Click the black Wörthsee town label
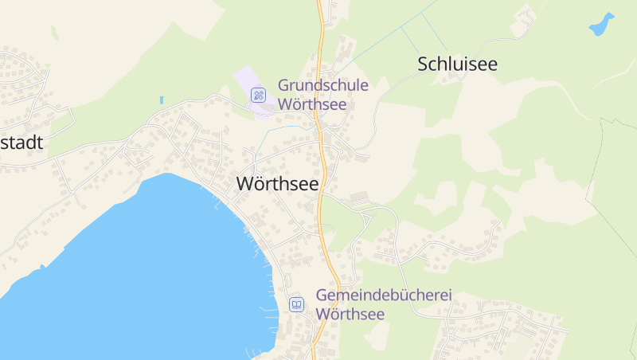click(x=277, y=184)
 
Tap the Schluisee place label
click(x=457, y=65)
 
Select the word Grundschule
click(x=322, y=85)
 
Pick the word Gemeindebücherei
click(x=384, y=295)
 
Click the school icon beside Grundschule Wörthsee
click(x=258, y=96)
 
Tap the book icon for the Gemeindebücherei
click(x=296, y=304)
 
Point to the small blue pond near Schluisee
click(x=601, y=25)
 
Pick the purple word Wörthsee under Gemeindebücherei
click(x=350, y=314)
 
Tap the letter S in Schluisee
click(x=423, y=65)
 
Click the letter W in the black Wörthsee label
click(x=244, y=184)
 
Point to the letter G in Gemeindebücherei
click(x=322, y=295)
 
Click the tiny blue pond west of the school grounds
click(x=161, y=100)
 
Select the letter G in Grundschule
click(x=283, y=85)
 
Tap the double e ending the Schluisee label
click(x=489, y=66)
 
